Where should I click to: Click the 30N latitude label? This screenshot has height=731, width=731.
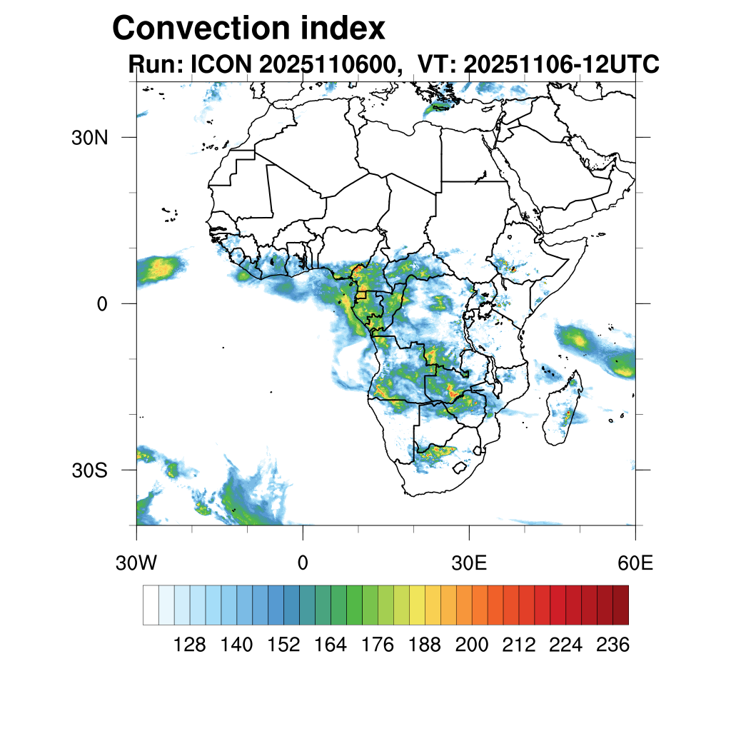pyautogui.click(x=90, y=138)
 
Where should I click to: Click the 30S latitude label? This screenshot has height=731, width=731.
pyautogui.click(x=90, y=471)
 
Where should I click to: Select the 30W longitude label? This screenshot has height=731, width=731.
pyautogui.click(x=136, y=563)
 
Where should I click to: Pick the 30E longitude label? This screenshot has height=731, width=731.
pyautogui.click(x=469, y=563)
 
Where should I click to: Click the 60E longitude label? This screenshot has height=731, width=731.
pyautogui.click(x=635, y=563)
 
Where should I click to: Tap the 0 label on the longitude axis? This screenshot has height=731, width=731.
pyautogui.click(x=303, y=563)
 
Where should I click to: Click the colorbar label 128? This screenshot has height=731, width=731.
pyautogui.click(x=190, y=645)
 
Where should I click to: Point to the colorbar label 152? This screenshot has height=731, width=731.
pyautogui.click(x=284, y=645)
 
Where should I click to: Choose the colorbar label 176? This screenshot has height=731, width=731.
pyautogui.click(x=378, y=645)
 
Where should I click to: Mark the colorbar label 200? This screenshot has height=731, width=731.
pyautogui.click(x=472, y=645)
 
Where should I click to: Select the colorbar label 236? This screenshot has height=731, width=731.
pyautogui.click(x=612, y=645)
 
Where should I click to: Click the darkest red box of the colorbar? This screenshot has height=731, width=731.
pyautogui.click(x=620, y=605)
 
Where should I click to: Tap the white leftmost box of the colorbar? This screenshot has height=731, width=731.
pyautogui.click(x=151, y=605)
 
